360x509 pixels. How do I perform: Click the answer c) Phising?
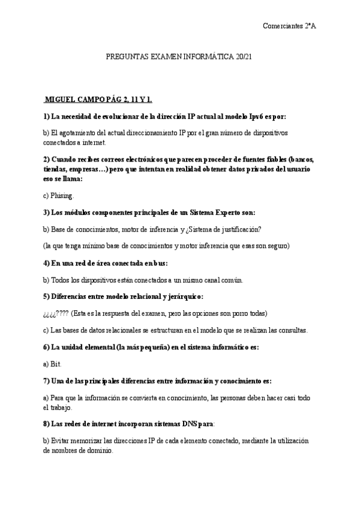[x=59, y=195]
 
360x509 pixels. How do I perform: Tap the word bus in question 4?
[x=160, y=263]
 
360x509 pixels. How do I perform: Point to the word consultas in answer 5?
[x=290, y=330]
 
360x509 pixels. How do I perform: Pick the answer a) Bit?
[x=52, y=364]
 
